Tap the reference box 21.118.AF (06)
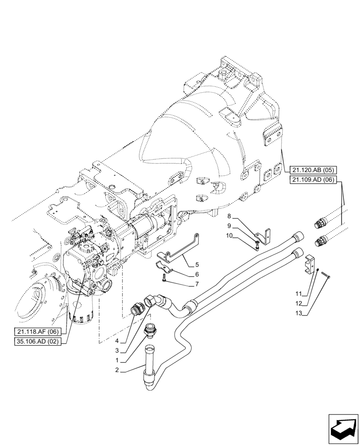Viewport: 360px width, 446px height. [x=40, y=332]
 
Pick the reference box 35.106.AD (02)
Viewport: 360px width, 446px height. [x=40, y=342]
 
